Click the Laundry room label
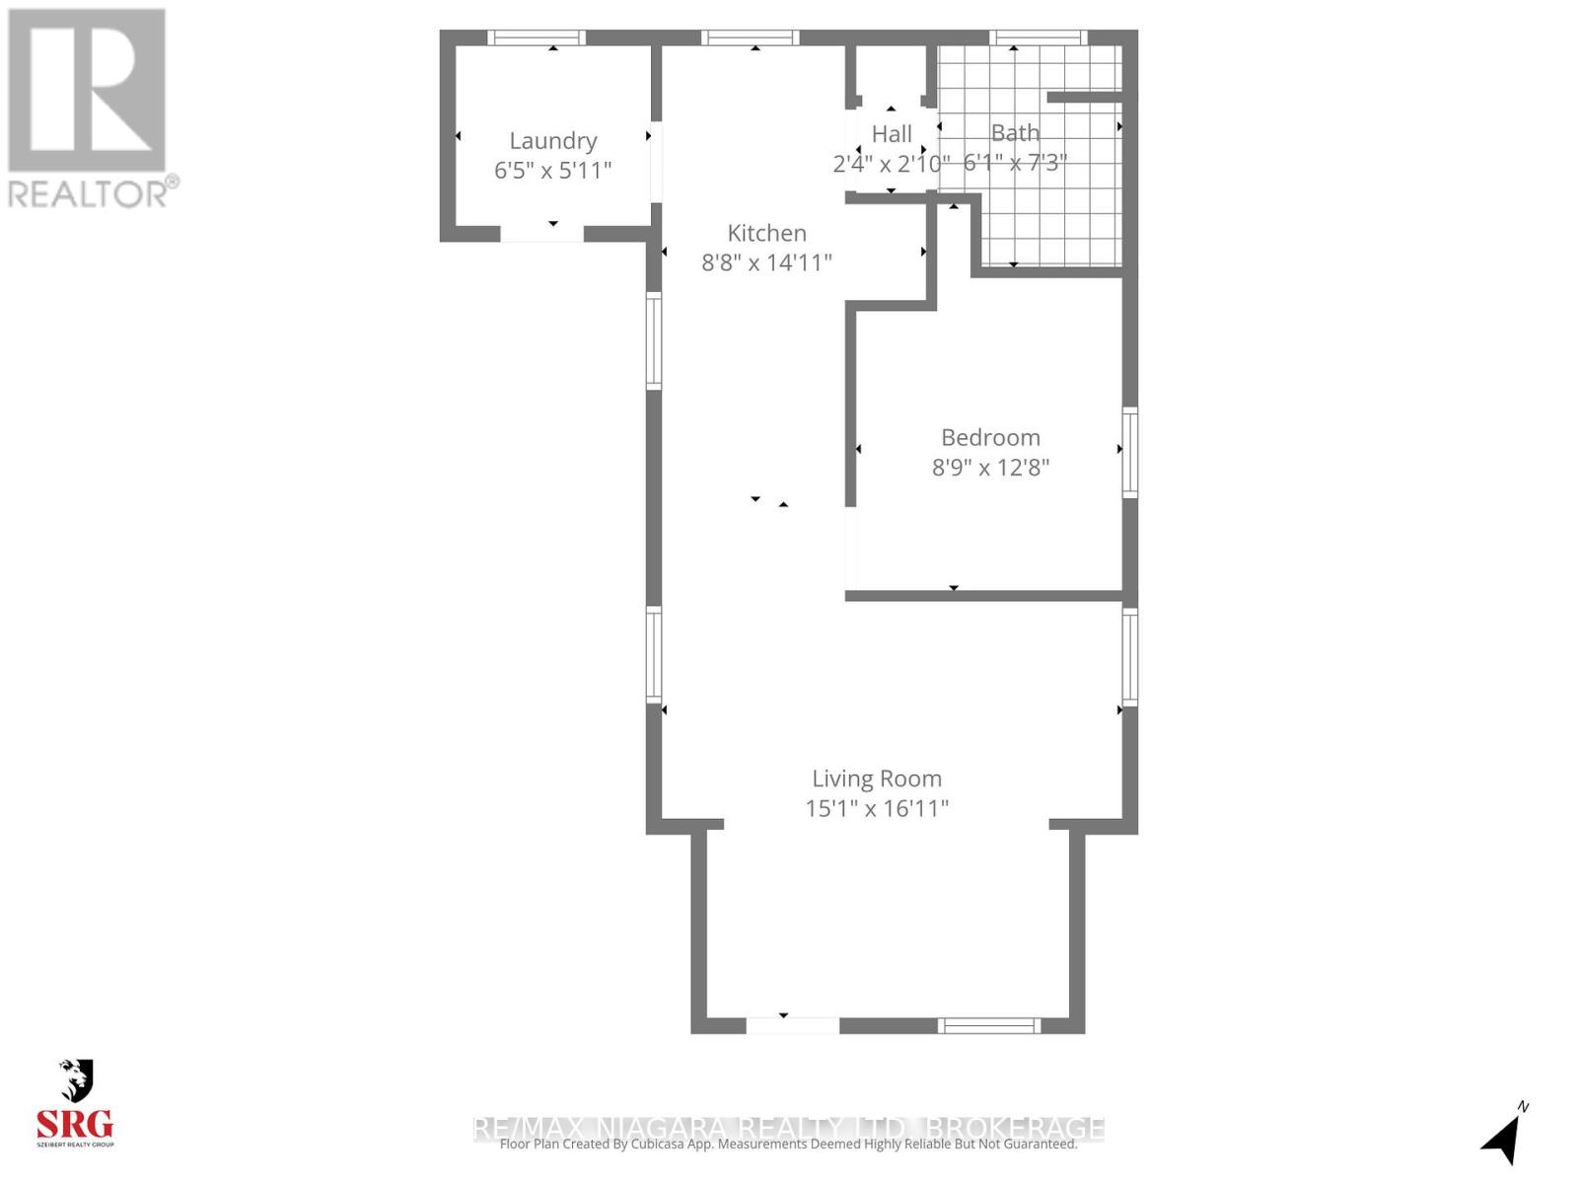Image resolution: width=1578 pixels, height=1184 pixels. click(x=552, y=141)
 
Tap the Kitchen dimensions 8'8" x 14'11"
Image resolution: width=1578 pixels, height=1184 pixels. click(x=766, y=262)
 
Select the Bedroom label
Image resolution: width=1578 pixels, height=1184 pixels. click(x=990, y=437)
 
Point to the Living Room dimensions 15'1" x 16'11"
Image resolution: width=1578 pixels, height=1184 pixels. click(x=877, y=808)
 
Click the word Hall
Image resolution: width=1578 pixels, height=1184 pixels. click(x=892, y=133)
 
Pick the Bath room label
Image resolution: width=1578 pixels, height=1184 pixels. click(x=1015, y=132)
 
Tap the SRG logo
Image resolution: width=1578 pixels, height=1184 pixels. click(x=76, y=1105)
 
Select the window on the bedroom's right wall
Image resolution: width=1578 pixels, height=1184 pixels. click(x=1130, y=452)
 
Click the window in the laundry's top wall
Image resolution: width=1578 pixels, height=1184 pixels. click(x=537, y=38)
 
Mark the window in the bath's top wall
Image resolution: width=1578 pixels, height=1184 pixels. click(x=1039, y=38)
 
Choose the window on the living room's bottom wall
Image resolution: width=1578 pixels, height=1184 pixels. click(x=988, y=1026)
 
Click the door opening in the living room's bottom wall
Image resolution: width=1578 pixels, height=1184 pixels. click(x=792, y=1026)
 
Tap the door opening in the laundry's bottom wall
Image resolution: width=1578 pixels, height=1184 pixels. click(x=541, y=234)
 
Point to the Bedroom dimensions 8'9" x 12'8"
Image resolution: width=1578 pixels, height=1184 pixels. click(x=990, y=467)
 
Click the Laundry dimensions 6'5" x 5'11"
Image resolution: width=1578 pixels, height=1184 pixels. click(x=552, y=170)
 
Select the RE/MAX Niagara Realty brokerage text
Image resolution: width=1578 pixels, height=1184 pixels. click(x=789, y=1127)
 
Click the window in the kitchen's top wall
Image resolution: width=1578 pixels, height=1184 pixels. click(x=750, y=38)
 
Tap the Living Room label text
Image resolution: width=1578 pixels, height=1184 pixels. click(x=877, y=778)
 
